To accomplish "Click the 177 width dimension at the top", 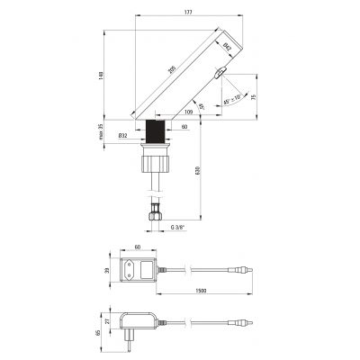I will tap(186, 12).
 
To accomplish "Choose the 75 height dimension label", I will tap(254, 98).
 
